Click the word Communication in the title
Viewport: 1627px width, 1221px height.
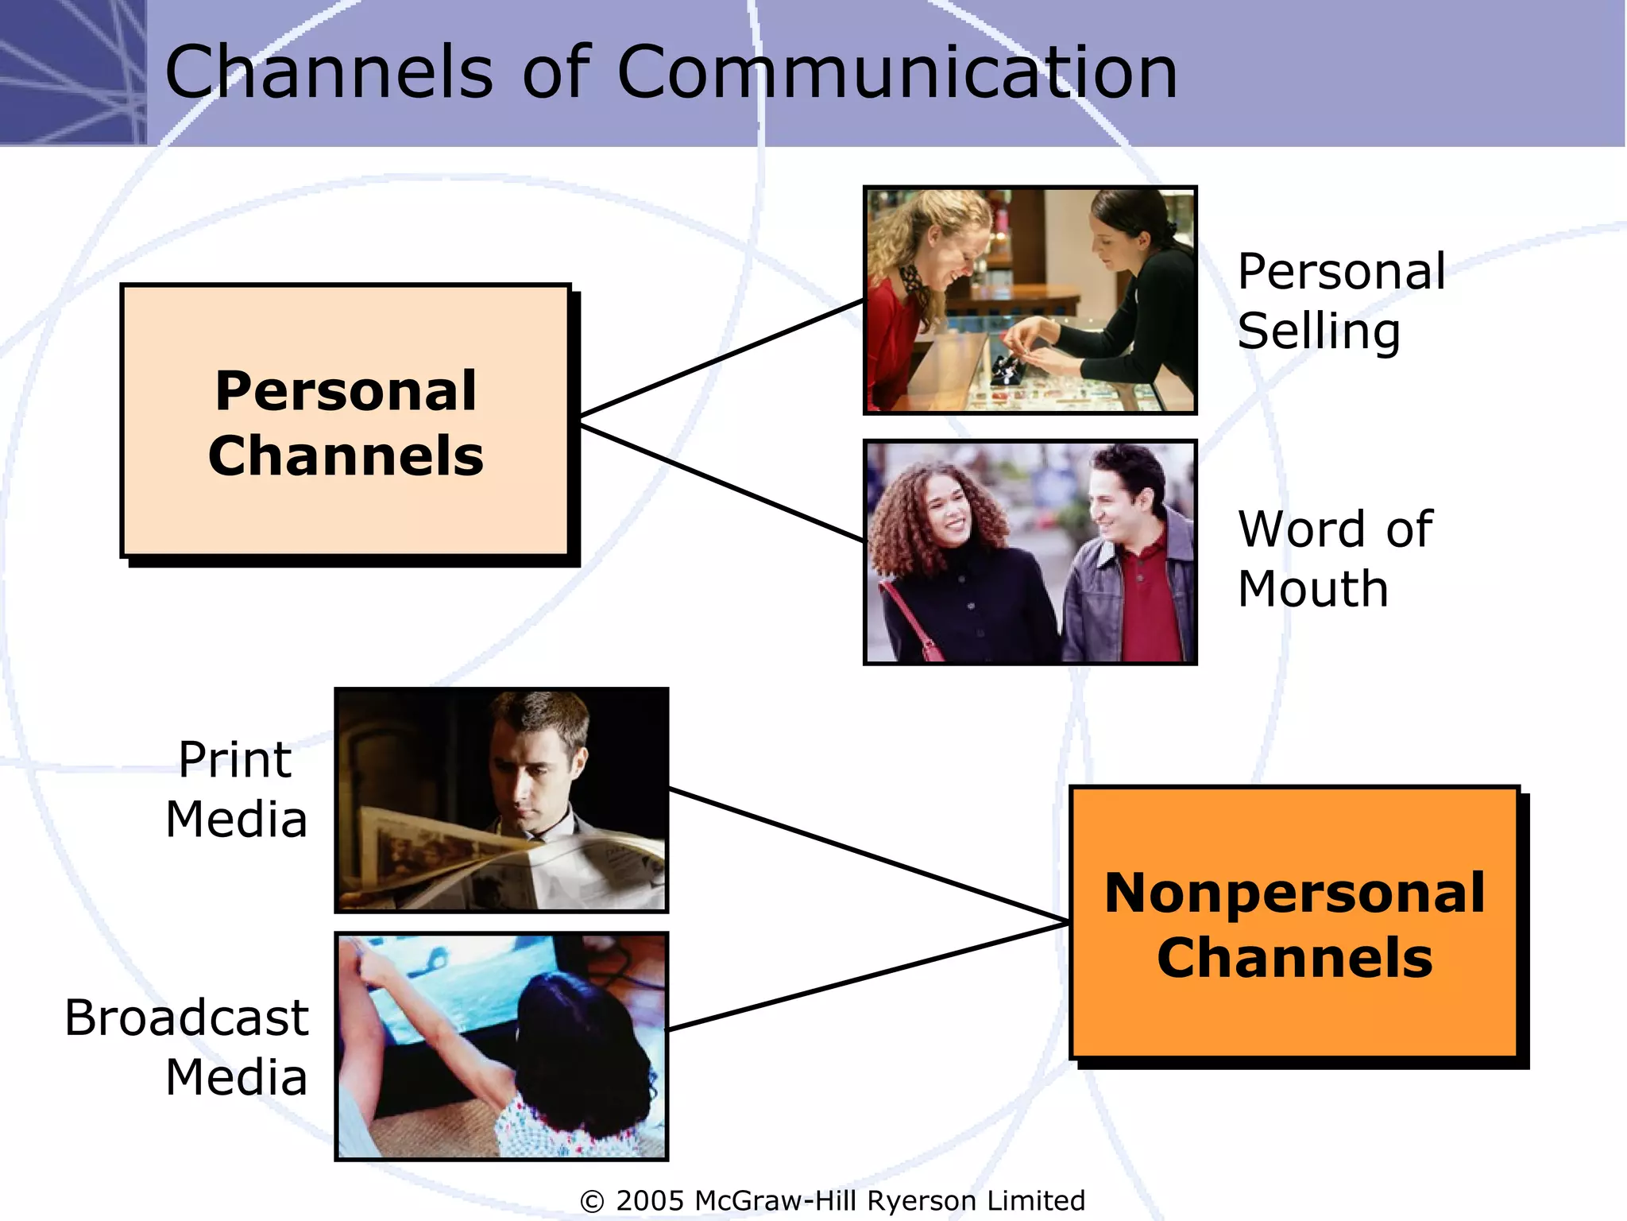pos(896,73)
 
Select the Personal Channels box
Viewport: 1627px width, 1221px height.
pos(346,422)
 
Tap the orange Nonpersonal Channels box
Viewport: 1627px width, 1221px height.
pos(1295,924)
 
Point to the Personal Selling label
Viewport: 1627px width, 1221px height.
pos(1341,300)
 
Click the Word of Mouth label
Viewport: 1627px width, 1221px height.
pos(1335,558)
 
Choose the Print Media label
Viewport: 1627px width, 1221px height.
pos(236,789)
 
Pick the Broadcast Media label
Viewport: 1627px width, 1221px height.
pos(187,1046)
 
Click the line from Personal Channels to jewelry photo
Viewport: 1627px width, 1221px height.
pos(721,358)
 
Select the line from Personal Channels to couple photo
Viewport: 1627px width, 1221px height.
pos(721,483)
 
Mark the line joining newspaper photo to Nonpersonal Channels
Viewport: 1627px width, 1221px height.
pos(869,855)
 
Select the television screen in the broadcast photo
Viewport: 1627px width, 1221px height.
pos(445,986)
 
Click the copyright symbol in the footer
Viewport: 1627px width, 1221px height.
pos(592,1201)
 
